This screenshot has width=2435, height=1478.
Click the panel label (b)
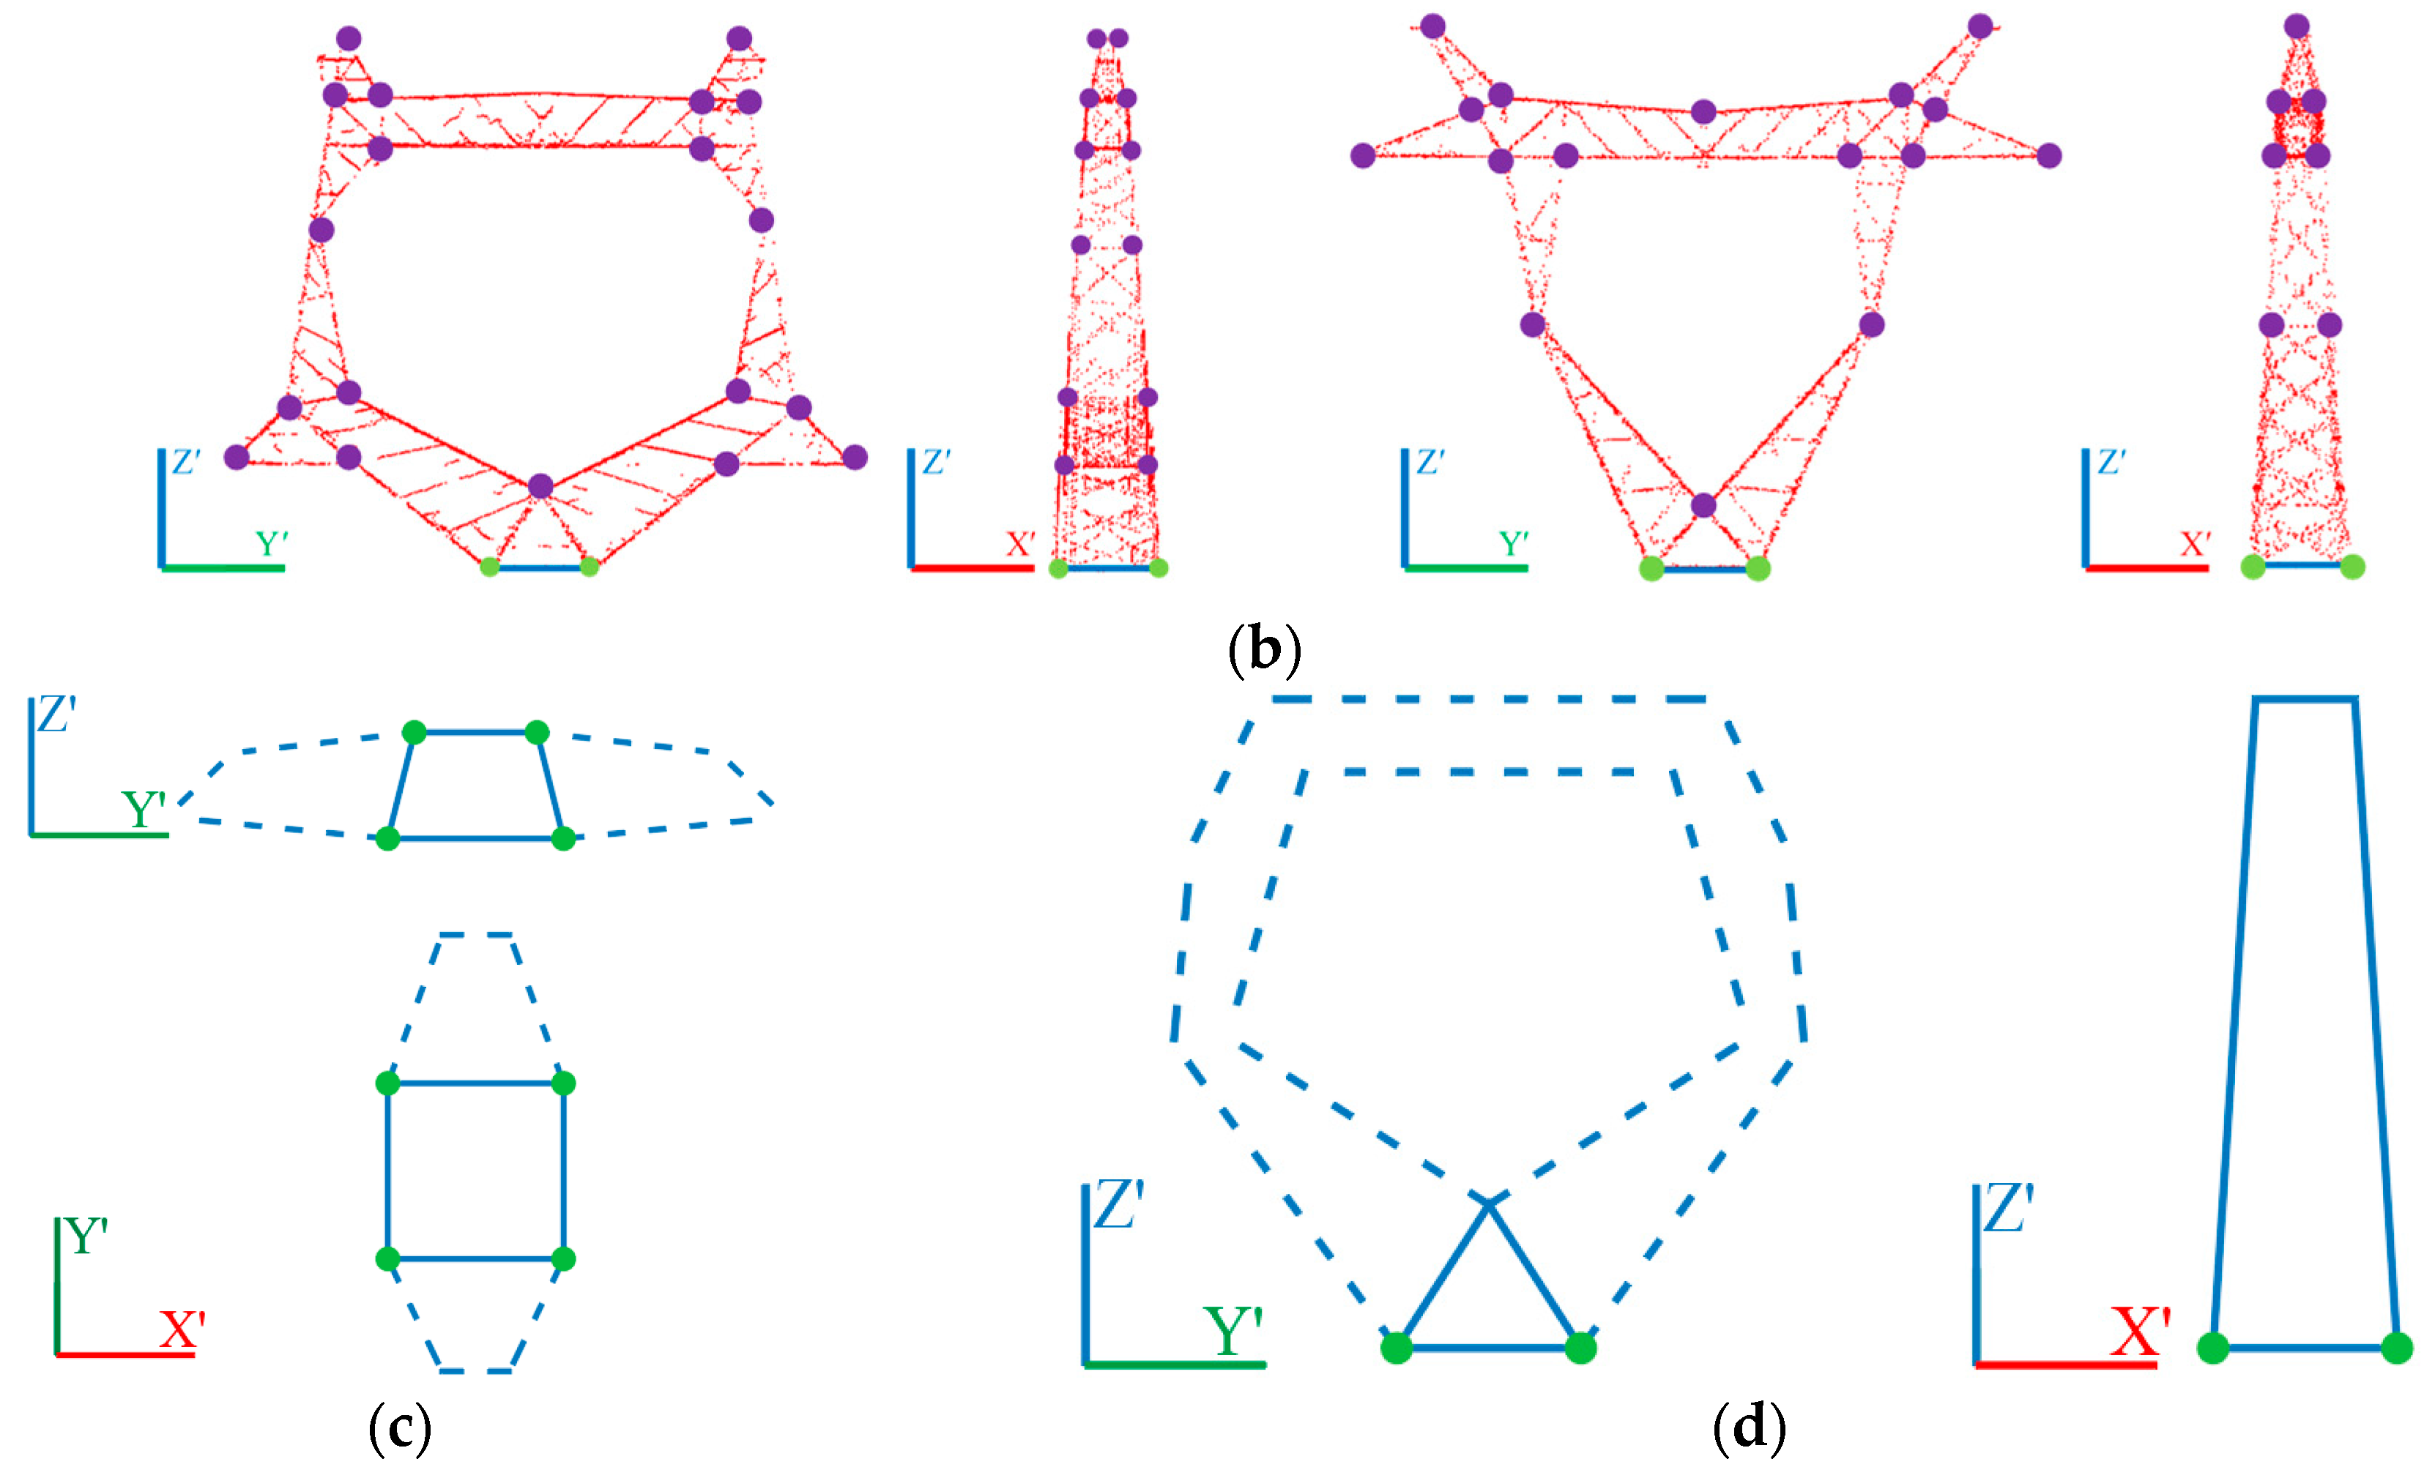[1264, 649]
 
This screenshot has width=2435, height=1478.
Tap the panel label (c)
[399, 1427]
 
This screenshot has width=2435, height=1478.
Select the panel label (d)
[1748, 1427]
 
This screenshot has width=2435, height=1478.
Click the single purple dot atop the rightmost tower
[2297, 26]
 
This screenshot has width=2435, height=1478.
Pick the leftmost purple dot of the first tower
[237, 457]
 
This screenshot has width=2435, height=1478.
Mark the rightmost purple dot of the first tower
[855, 457]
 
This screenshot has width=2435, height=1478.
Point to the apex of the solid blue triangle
[1488, 1201]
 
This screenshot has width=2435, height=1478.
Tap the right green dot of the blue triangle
[1580, 1347]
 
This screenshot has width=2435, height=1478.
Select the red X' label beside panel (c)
[182, 1330]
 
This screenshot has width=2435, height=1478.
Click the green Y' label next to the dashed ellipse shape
[144, 809]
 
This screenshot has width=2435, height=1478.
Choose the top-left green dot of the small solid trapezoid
[414, 732]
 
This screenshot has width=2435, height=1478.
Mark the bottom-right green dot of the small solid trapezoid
[563, 839]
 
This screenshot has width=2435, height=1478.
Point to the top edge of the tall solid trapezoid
[2305, 700]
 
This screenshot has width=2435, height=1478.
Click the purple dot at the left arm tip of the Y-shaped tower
[1363, 155]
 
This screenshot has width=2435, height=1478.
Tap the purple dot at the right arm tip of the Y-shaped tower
[2048, 155]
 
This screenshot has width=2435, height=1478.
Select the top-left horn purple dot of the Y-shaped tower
[1433, 26]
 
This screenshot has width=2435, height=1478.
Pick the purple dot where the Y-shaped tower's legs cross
[1703, 506]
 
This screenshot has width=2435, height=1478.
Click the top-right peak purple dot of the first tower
[739, 39]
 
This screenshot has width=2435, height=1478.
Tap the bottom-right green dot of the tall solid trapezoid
[2396, 1347]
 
